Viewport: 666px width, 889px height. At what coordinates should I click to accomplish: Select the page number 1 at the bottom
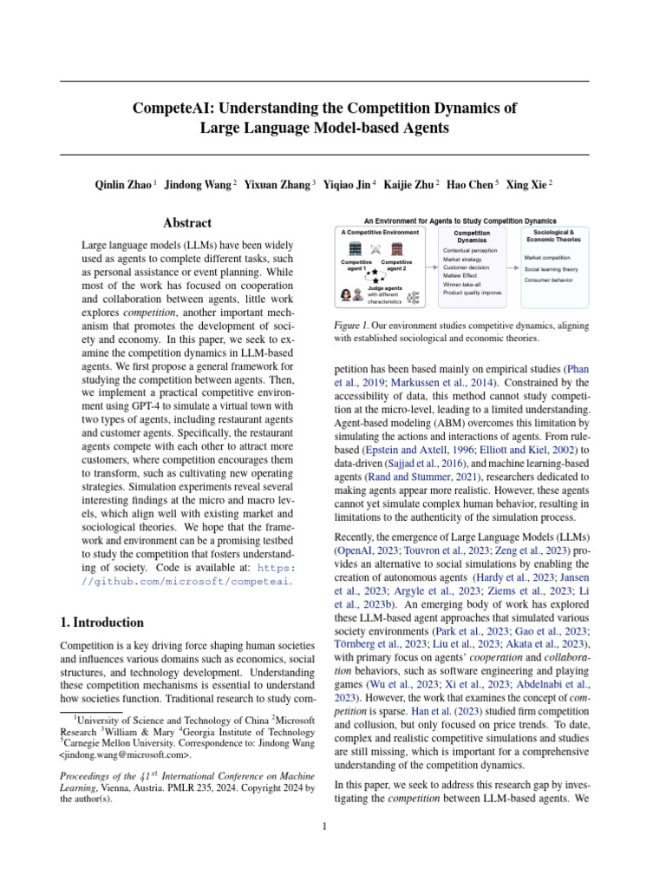(324, 826)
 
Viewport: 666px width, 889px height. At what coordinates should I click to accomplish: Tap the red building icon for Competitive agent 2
(396, 248)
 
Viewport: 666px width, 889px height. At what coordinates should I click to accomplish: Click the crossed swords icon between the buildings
(375, 249)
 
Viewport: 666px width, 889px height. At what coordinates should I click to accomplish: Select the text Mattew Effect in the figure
(462, 274)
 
